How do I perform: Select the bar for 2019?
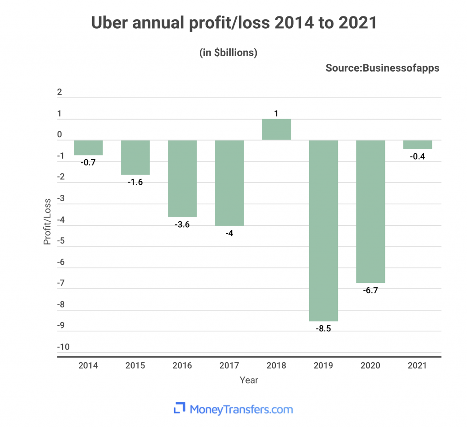click(324, 230)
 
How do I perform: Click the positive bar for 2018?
click(276, 130)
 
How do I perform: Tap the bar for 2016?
click(182, 178)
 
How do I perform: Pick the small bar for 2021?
click(417, 145)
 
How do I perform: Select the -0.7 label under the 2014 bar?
click(88, 162)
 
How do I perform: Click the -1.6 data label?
click(135, 182)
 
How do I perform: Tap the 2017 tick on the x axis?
click(229, 365)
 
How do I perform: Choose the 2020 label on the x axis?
click(370, 365)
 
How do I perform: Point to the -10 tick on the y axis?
click(63, 347)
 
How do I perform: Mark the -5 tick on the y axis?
click(62, 241)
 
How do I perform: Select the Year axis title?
click(249, 380)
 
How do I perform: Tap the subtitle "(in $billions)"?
click(228, 52)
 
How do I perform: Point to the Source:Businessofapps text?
click(383, 68)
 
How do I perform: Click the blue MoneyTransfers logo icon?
click(180, 407)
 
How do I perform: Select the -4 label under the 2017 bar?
click(229, 233)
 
